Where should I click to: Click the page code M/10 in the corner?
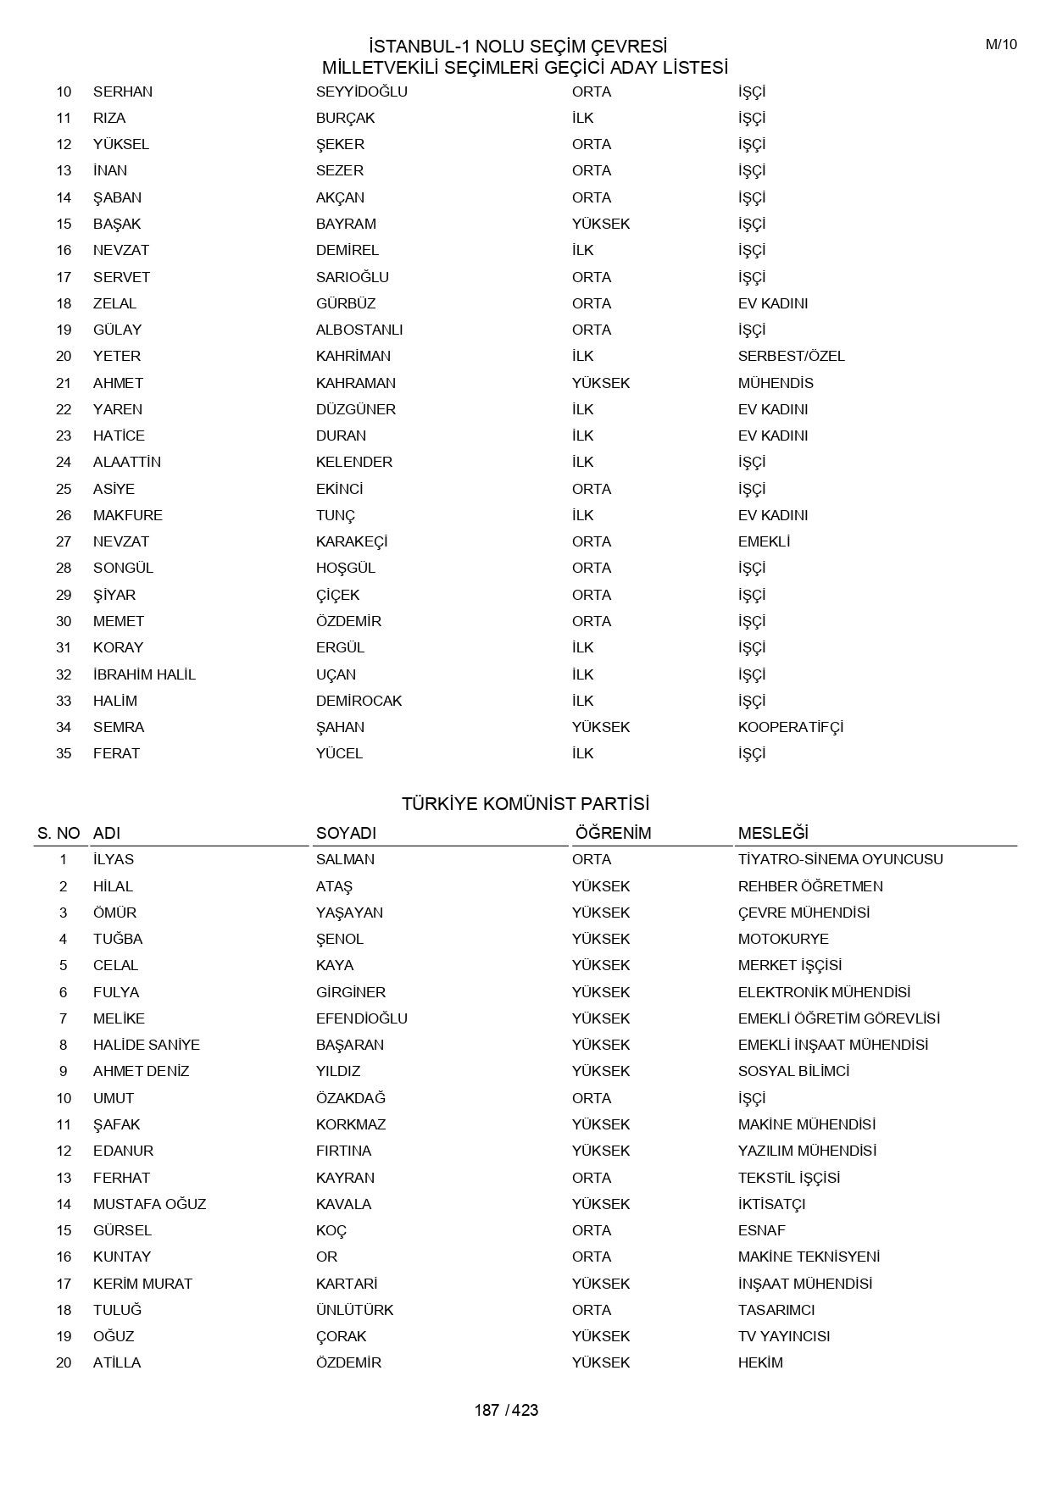[x=1001, y=45]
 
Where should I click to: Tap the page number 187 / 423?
[x=506, y=1410]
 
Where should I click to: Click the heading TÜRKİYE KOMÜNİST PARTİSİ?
[x=525, y=803]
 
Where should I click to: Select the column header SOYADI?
[x=346, y=833]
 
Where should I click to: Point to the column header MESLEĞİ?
[x=773, y=833]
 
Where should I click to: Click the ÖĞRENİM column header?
[x=613, y=833]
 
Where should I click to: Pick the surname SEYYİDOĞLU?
[x=362, y=92]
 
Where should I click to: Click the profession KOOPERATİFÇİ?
[x=791, y=727]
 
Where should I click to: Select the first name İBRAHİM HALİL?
[x=144, y=674]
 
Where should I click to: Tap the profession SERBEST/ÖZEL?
[x=792, y=356]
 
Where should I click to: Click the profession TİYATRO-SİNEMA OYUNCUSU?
[x=840, y=859]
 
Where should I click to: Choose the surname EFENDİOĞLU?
[x=362, y=1018]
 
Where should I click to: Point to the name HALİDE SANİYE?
[x=147, y=1045]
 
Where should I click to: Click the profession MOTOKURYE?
[x=783, y=939]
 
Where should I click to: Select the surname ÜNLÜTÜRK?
[x=355, y=1310]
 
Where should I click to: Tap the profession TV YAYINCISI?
[x=784, y=1336]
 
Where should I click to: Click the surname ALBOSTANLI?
[x=359, y=330]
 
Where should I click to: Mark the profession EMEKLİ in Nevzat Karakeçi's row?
[x=764, y=541]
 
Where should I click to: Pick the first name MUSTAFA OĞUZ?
[x=149, y=1204]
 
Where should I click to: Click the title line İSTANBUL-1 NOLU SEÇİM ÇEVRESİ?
[x=518, y=46]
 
